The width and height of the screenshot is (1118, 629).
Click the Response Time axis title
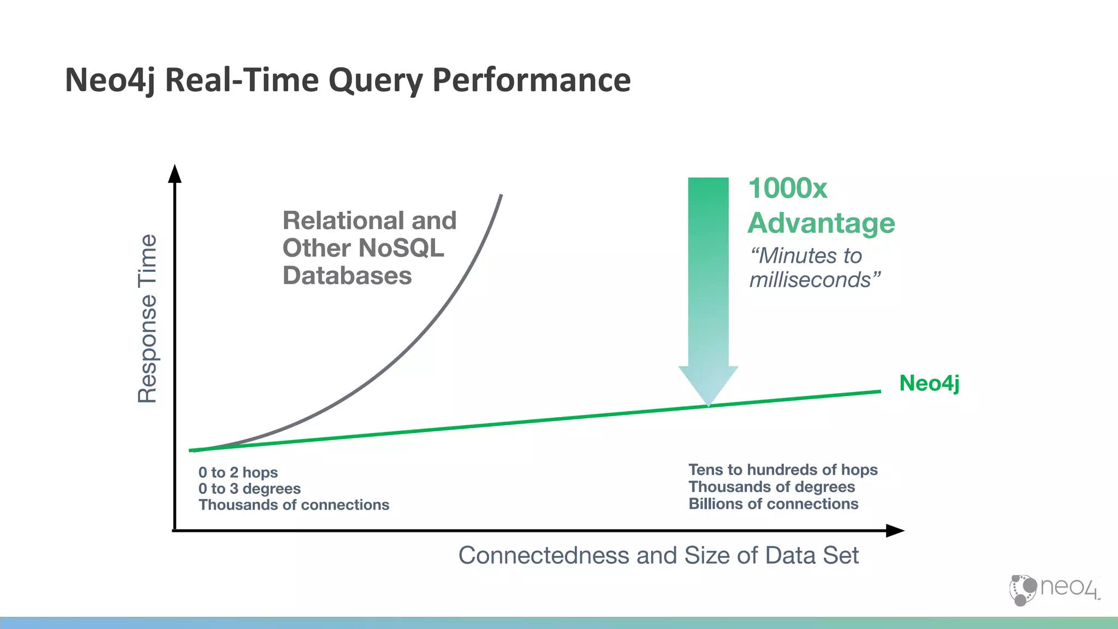(147, 319)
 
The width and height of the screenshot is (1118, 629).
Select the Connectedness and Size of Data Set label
(658, 555)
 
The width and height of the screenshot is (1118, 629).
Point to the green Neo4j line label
(929, 383)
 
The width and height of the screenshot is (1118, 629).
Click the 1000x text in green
(787, 188)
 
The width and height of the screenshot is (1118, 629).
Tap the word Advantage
(821, 223)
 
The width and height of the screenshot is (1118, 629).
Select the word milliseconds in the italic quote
(810, 280)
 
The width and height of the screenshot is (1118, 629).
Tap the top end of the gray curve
(501, 195)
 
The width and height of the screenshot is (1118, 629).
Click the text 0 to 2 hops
(238, 472)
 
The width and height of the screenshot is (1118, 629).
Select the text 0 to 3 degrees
(249, 489)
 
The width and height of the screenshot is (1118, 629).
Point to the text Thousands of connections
(294, 505)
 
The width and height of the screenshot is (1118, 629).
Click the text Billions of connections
(773, 504)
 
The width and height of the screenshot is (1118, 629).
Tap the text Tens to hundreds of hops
(783, 470)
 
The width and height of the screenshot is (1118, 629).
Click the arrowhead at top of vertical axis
(175, 173)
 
